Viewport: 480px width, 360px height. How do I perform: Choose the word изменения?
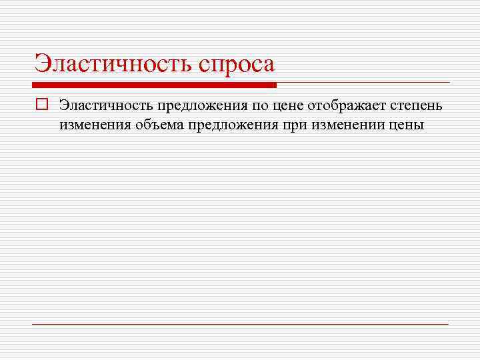[93, 125]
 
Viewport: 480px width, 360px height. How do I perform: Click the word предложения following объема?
[231, 125]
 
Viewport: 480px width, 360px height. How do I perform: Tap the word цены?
[406, 125]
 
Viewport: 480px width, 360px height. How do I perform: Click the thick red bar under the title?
[154, 85]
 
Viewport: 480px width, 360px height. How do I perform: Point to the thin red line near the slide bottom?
[240, 324]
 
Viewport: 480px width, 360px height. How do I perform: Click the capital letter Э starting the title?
[41, 64]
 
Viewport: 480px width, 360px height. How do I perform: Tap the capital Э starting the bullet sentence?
[63, 105]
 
